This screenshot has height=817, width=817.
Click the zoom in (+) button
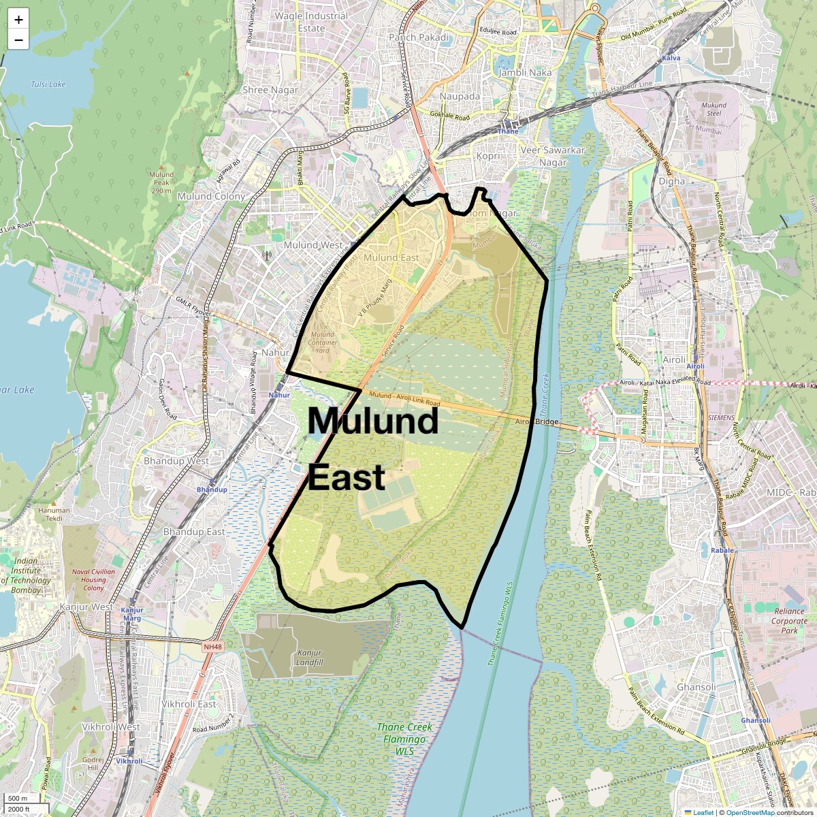click(x=18, y=20)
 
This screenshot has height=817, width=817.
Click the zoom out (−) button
click(x=18, y=40)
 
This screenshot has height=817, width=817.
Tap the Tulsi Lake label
click(x=48, y=84)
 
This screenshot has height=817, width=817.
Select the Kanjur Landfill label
click(x=310, y=658)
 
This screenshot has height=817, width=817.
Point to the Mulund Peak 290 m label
click(x=161, y=182)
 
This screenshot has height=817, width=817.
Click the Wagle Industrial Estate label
click(x=311, y=22)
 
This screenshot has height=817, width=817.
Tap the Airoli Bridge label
click(x=537, y=422)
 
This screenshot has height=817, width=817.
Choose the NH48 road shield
click(x=212, y=647)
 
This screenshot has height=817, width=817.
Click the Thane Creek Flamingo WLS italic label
click(x=404, y=739)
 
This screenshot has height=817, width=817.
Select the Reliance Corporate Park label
click(x=790, y=621)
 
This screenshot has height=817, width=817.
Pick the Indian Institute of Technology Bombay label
click(x=26, y=575)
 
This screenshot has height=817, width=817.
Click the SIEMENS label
click(x=722, y=417)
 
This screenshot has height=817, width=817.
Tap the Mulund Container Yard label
click(x=322, y=342)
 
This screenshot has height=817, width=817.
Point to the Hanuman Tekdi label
click(x=54, y=514)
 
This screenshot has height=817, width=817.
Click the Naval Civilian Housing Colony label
click(x=93, y=580)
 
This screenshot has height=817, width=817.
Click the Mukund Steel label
click(x=714, y=110)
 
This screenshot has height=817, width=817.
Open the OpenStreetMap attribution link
click(x=750, y=812)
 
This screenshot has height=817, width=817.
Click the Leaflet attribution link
click(x=703, y=812)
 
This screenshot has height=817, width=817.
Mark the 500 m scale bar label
click(x=18, y=798)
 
